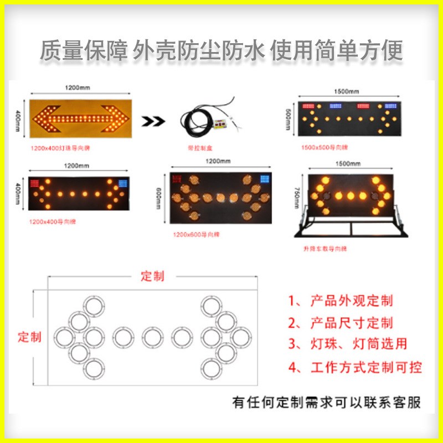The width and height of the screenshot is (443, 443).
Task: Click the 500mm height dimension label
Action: (287, 117)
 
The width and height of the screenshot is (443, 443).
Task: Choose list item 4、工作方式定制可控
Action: (355, 367)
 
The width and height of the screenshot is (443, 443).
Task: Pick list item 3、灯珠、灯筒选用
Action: (348, 344)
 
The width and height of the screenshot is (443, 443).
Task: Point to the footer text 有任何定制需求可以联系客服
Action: (326, 403)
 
